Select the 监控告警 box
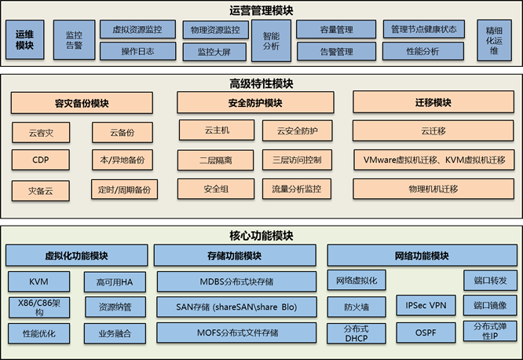click(73, 40)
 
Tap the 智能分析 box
click(271, 40)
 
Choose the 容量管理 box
click(336, 30)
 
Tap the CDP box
click(40, 160)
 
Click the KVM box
click(38, 281)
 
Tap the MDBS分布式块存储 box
click(236, 281)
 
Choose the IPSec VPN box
click(425, 304)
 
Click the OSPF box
click(425, 332)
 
